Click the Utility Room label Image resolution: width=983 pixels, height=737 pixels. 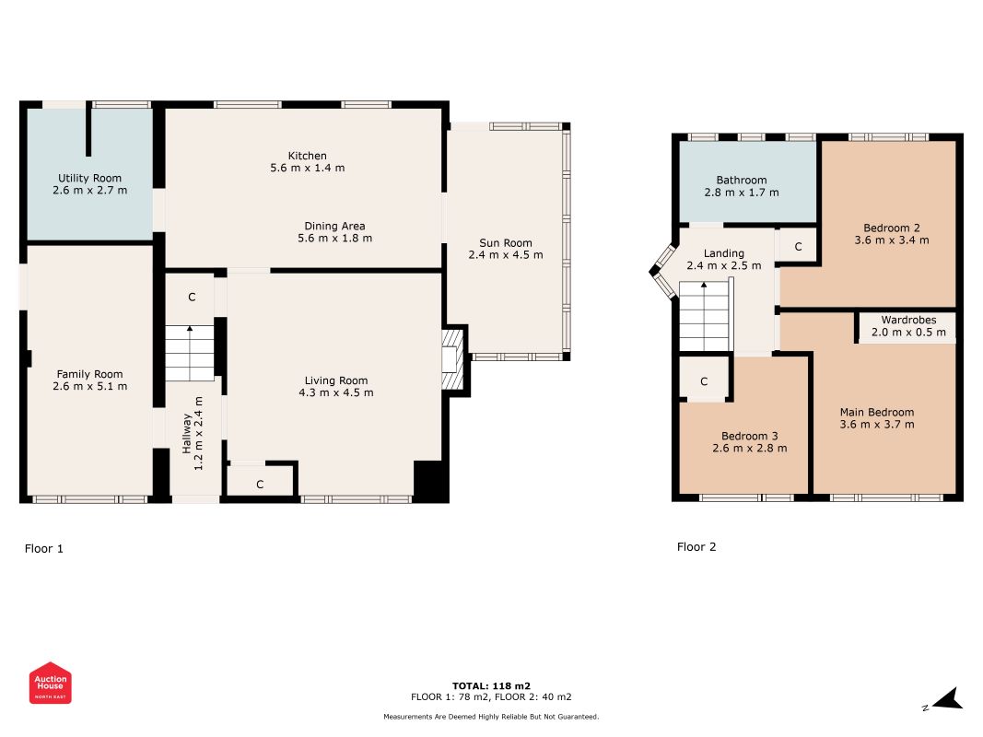pos(89,178)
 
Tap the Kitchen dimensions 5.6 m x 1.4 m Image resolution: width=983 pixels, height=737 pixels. pos(307,168)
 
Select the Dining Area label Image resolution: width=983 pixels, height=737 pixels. pos(334,226)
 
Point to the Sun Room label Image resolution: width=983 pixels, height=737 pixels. pos(505,242)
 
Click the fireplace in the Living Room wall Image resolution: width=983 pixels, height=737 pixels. pos(452,360)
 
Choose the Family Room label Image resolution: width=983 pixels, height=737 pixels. pos(89,374)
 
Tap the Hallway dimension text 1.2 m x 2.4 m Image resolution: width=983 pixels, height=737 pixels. pos(199,434)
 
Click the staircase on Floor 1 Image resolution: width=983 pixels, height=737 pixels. pos(190,354)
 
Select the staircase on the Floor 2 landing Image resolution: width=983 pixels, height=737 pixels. pos(706,316)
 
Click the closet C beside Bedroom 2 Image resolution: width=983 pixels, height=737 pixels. pos(798,246)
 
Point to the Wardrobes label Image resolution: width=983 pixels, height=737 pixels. pos(908,320)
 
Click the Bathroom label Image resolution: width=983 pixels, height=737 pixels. pos(742,180)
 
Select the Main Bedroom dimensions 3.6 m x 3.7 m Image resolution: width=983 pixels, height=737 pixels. pos(877,425)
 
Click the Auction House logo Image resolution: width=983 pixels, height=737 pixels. pos(50,683)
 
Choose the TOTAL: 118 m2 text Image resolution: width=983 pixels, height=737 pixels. pos(492,685)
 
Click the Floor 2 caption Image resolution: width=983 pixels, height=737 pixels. pos(696,546)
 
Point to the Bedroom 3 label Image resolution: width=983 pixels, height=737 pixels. pos(750,436)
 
